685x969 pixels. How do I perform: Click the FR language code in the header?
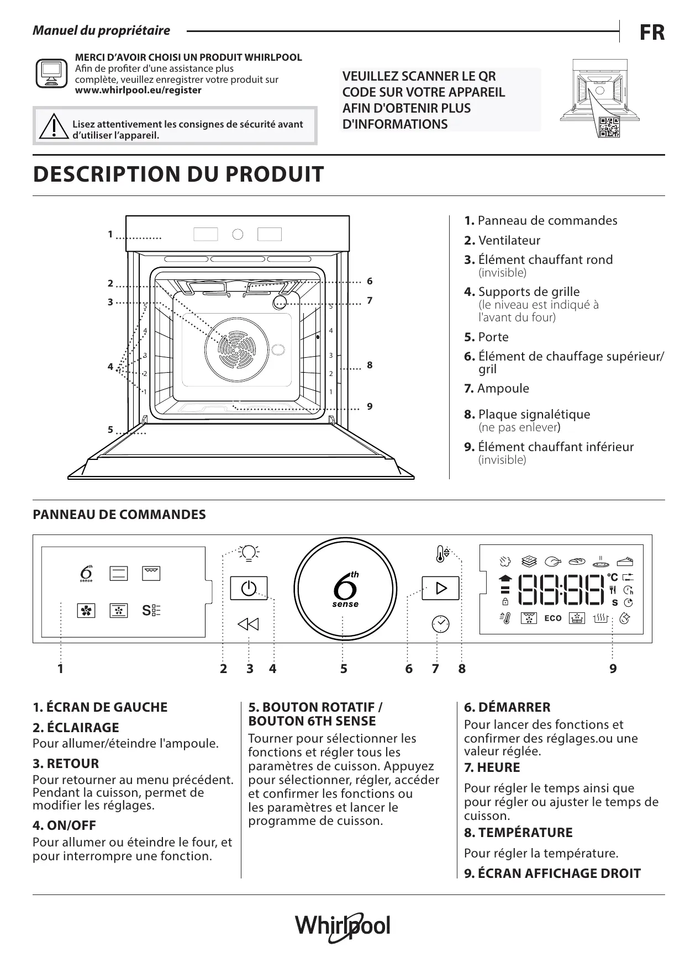click(x=652, y=33)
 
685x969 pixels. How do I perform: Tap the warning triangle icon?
click(x=54, y=126)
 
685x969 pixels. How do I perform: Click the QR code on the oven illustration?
click(x=609, y=128)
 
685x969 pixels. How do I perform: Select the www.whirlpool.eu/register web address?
click(x=138, y=90)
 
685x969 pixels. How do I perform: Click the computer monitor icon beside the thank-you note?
click(x=51, y=72)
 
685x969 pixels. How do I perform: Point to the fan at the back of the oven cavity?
click(x=236, y=350)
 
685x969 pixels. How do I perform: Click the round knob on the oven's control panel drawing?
click(x=238, y=234)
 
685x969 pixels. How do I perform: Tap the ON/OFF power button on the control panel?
click(x=249, y=588)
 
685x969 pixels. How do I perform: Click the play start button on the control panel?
click(x=440, y=588)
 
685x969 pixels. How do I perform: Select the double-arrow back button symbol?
click(x=249, y=624)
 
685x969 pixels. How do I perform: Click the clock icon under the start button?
click(x=440, y=623)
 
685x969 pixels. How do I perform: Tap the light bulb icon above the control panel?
click(x=249, y=552)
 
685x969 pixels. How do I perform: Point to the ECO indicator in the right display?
click(x=552, y=618)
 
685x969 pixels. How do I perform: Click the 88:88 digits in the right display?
click(x=560, y=590)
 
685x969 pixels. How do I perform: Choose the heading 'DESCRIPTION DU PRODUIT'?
click(x=178, y=174)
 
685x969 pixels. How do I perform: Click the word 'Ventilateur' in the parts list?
click(x=509, y=240)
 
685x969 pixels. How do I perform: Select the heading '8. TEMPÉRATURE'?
click(x=518, y=833)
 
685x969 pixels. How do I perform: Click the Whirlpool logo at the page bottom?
click(x=342, y=926)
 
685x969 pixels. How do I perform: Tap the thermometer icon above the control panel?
click(x=441, y=553)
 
